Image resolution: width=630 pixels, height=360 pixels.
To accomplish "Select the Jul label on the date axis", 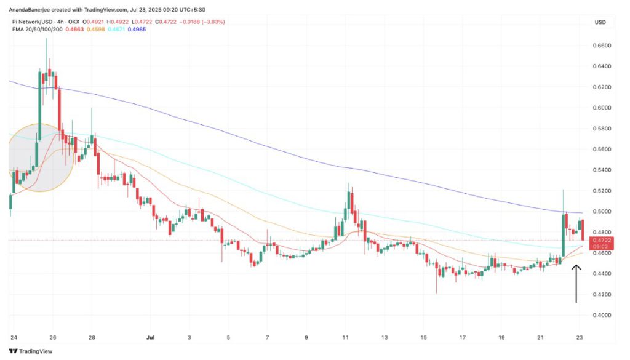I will tap(150, 337).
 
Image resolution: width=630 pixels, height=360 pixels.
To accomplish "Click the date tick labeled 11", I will tap(346, 337).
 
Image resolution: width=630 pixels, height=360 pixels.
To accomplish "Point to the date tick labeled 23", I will tap(580, 337).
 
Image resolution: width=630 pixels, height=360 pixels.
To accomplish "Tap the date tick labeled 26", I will tap(52, 337).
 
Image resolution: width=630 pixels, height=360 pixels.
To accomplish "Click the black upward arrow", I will tap(576, 283).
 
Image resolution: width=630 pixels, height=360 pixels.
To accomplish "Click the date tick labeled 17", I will tap(463, 337).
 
